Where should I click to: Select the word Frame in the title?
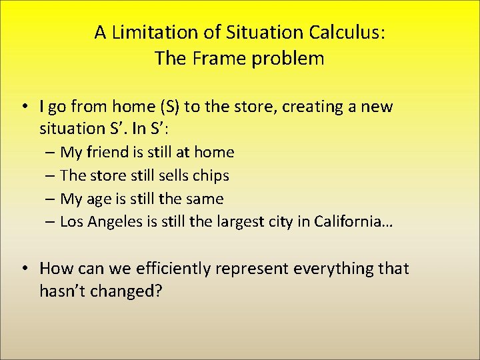214,59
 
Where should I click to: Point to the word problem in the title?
285,59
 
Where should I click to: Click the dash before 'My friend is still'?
51,153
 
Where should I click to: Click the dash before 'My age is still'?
51,199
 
